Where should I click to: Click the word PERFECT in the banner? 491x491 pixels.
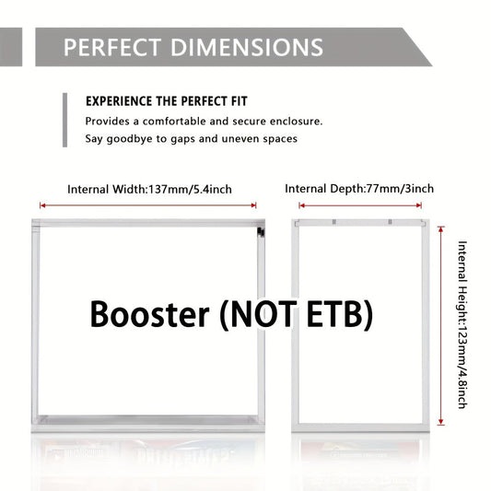pos(112,47)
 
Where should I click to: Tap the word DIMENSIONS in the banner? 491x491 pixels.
pos(247,47)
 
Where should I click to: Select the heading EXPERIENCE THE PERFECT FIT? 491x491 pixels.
pos(167,101)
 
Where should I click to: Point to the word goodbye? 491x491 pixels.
pos(130,139)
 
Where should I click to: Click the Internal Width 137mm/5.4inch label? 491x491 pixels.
pos(149,190)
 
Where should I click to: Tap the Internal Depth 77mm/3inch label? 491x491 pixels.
pos(359,189)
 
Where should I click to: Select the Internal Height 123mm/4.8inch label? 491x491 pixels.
pos(462,325)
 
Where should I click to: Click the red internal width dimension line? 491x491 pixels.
pos(148,205)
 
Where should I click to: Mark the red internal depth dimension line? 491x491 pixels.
pos(360,205)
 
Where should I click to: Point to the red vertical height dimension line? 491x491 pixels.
pos(441,326)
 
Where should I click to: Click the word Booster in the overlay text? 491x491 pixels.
pos(149,314)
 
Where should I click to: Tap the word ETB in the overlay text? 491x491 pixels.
pos(336,314)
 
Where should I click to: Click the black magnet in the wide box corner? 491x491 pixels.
pos(261,232)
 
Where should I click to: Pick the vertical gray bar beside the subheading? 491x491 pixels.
pos(64,120)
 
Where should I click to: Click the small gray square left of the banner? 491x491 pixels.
pos(11,47)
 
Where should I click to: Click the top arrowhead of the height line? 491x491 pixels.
pos(441,229)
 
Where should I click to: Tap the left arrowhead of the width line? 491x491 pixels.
pos(43,205)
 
